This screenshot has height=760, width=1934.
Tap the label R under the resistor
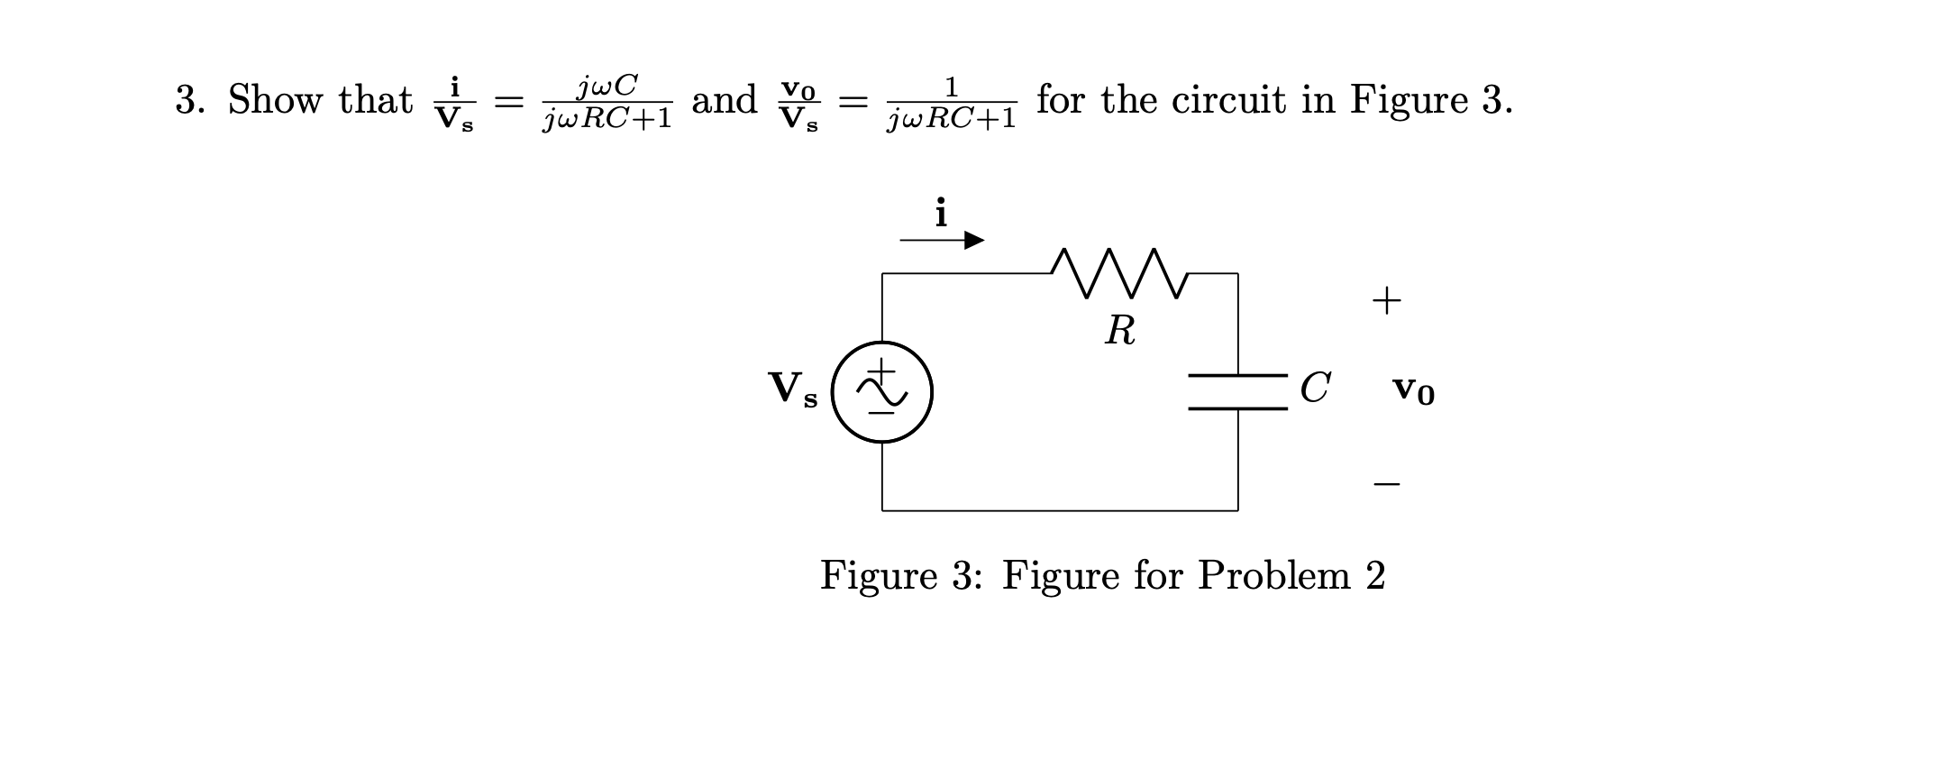tap(1120, 331)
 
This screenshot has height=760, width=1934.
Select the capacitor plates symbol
tap(1237, 392)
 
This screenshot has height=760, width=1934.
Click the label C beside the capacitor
tap(1315, 389)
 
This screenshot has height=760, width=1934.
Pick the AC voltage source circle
tap(881, 392)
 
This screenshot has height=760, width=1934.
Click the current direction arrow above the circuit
tap(942, 241)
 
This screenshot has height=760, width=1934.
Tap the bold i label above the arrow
tap(941, 213)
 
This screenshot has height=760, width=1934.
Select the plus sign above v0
tap(1386, 300)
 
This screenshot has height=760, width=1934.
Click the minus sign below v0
tap(1386, 485)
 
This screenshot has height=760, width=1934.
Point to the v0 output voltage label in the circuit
tap(1413, 390)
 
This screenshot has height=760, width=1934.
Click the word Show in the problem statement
tap(275, 99)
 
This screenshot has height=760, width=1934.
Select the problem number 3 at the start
tap(186, 100)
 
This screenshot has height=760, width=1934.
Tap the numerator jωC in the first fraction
tap(607, 87)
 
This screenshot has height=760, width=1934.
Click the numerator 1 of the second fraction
tap(951, 87)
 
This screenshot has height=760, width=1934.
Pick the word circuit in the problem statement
tap(1225, 99)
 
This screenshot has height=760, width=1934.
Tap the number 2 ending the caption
tap(1375, 575)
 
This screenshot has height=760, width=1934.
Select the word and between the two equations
tap(724, 99)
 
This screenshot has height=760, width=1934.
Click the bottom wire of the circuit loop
tap(1059, 510)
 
